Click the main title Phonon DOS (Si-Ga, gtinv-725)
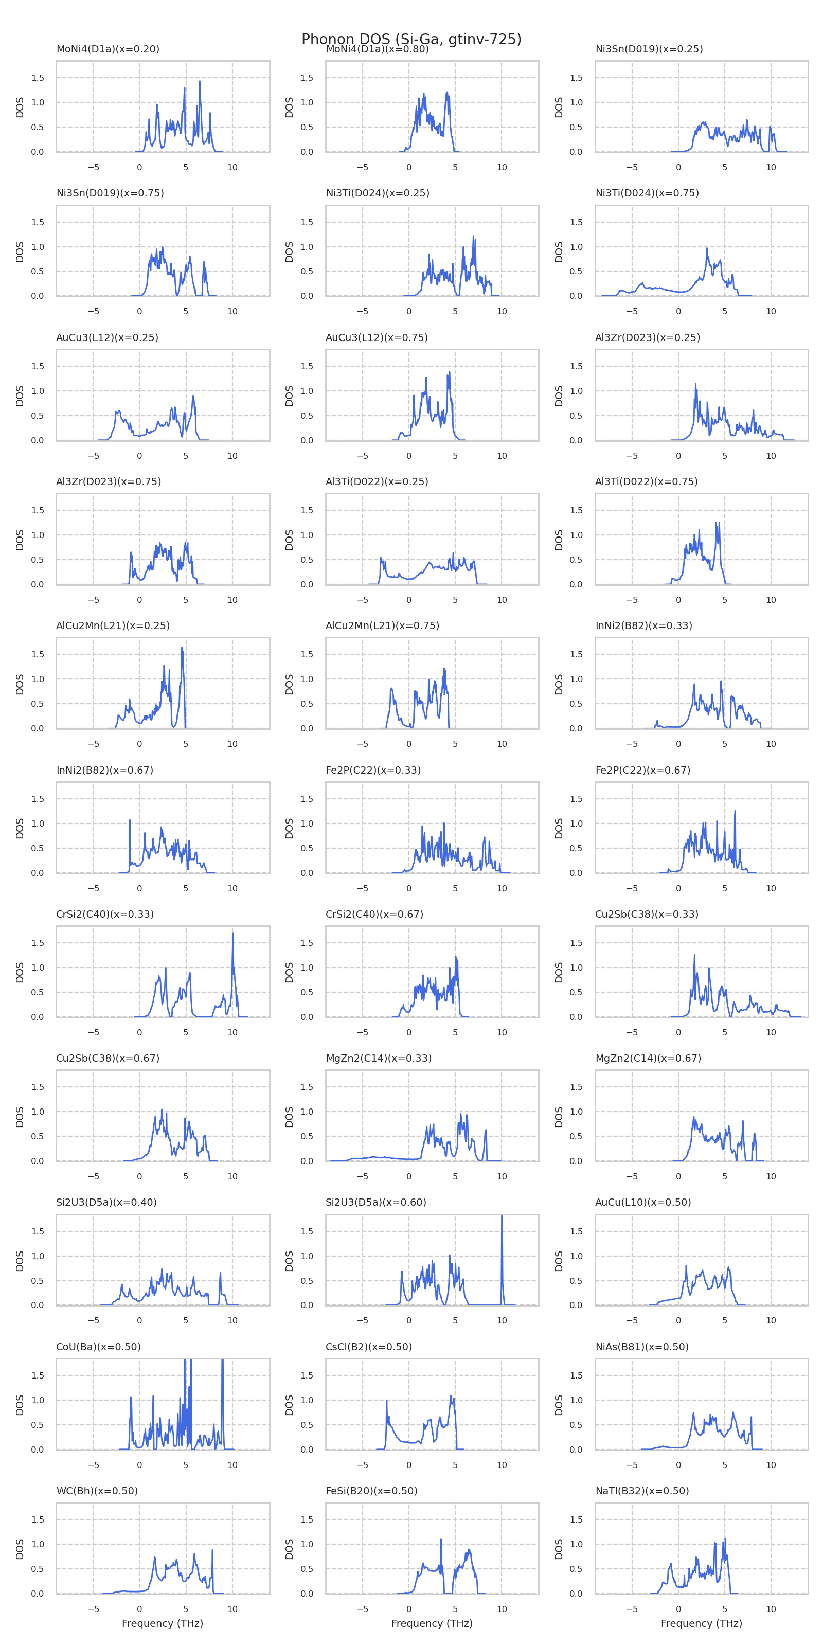click(411, 40)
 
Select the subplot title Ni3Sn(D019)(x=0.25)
click(649, 49)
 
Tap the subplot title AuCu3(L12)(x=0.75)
click(377, 337)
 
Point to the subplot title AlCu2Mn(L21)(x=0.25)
click(113, 625)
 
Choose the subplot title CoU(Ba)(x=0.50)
click(98, 1346)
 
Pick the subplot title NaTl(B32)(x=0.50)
click(641, 1491)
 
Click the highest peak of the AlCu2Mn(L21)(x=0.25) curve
click(182, 649)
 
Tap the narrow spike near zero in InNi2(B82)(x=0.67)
click(130, 821)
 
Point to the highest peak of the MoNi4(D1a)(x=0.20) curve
click(200, 82)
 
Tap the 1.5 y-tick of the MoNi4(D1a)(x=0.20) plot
click(38, 78)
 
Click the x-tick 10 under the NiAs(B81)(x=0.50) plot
click(771, 1464)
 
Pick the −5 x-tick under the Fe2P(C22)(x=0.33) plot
click(362, 888)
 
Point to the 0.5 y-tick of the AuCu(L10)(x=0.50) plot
click(576, 1280)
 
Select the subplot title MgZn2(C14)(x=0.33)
click(378, 1058)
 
